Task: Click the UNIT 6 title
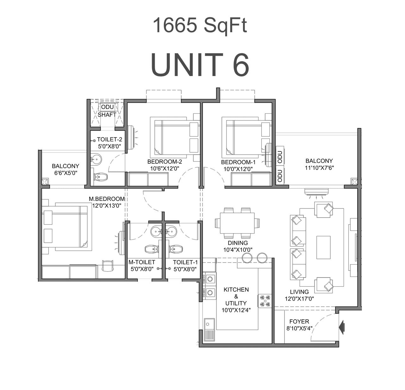[200, 65]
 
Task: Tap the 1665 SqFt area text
[200, 25]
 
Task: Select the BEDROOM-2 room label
[165, 162]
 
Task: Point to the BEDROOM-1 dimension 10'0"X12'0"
[238, 169]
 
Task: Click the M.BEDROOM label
[107, 199]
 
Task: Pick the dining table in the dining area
[237, 223]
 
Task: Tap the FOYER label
[299, 322]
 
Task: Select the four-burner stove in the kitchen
[265, 301]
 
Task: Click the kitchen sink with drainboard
[209, 329]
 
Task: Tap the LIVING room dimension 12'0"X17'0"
[299, 299]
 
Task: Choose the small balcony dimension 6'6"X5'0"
[65, 173]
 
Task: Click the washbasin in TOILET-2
[96, 159]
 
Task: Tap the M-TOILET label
[142, 262]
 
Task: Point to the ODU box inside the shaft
[107, 107]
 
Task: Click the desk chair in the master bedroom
[108, 266]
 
